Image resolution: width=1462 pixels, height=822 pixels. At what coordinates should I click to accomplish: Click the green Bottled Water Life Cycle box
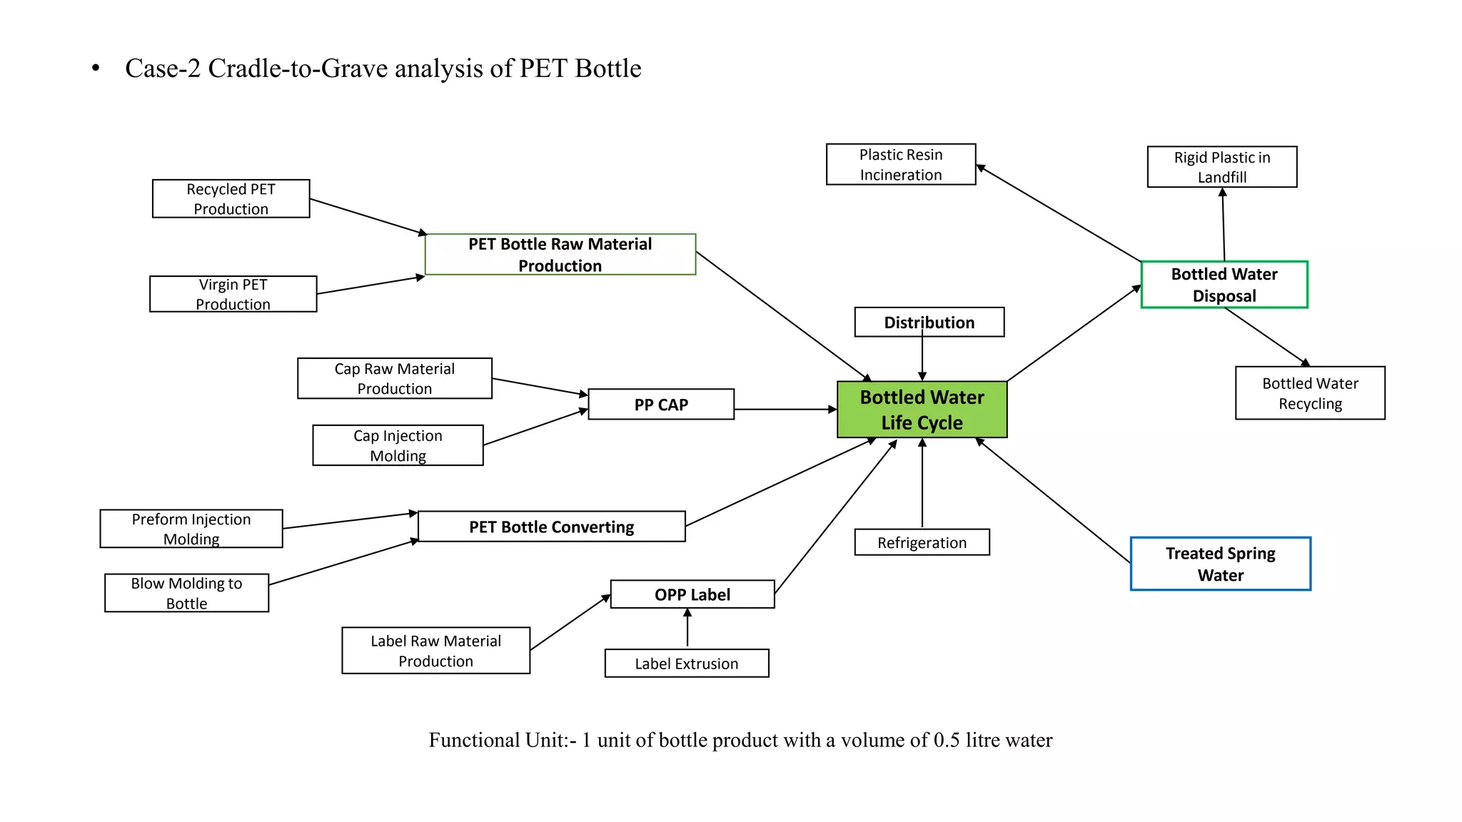(922, 410)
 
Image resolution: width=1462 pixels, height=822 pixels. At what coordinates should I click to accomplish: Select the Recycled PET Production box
(231, 199)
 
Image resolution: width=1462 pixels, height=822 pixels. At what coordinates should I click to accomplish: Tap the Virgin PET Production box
(233, 294)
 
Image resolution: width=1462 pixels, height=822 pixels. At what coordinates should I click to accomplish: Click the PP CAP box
(660, 405)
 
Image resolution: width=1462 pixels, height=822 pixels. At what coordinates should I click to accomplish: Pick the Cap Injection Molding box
(398, 445)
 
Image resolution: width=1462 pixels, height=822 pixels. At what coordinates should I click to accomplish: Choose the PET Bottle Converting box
(551, 527)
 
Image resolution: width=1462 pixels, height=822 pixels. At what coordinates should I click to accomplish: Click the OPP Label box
(692, 594)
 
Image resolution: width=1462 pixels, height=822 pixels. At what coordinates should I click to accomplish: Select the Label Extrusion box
(686, 664)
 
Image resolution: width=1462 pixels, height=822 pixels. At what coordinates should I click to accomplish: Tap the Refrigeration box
(922, 542)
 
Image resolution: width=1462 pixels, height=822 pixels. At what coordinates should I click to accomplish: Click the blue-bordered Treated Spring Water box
(1220, 564)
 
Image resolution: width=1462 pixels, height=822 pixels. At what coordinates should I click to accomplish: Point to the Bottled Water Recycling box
(1309, 393)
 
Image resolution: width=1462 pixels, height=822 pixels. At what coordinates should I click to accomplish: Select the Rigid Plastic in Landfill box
(1221, 167)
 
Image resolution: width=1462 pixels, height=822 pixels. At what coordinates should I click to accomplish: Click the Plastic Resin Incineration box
(900, 165)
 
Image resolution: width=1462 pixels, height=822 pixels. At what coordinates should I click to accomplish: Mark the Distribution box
(929, 323)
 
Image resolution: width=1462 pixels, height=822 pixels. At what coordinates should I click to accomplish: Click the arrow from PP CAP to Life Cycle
(785, 410)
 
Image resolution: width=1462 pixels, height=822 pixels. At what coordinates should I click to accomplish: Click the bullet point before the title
(96, 69)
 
